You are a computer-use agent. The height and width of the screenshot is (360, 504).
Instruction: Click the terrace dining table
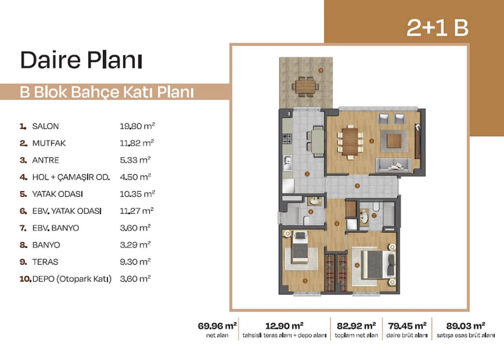coord(306,86)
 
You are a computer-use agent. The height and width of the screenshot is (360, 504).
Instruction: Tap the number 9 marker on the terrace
coord(320,70)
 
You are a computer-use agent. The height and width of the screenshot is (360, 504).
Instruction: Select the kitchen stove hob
coord(287,139)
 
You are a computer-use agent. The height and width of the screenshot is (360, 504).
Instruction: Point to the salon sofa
coord(393,166)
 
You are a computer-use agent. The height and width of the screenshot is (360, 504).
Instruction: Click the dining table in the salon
coord(350,141)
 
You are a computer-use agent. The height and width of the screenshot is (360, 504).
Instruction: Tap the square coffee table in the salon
coord(394,141)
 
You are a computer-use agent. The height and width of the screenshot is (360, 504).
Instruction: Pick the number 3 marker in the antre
coord(357,186)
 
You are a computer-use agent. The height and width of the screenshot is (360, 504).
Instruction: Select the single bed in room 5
coord(300,247)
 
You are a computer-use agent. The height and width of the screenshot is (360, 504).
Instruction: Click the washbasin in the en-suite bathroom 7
coord(364,217)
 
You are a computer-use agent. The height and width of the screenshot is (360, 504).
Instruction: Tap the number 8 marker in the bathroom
coord(310,212)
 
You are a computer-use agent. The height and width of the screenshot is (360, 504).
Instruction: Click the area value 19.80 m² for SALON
coord(137,126)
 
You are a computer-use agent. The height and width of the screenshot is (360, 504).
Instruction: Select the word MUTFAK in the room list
coord(49,143)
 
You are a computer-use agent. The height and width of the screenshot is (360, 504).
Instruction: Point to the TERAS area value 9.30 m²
coord(135,262)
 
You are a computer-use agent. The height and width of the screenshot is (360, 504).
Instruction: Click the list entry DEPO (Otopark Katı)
coord(72,279)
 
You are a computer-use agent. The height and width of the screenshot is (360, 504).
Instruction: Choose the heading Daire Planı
coord(81,60)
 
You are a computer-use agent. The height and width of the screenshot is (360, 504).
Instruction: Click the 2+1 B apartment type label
coord(437,28)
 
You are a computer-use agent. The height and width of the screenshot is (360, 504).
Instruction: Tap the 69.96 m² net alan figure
coord(217,326)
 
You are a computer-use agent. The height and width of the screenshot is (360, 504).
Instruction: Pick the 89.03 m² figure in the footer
coord(465,326)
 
